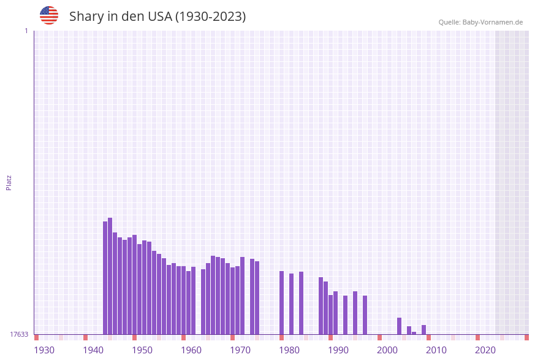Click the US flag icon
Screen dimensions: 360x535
pyautogui.click(x=49, y=15)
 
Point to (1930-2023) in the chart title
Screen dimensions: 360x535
pyautogui.click(x=210, y=17)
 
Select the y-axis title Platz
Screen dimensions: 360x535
pyautogui.click(x=9, y=183)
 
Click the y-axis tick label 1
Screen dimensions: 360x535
pyautogui.click(x=26, y=31)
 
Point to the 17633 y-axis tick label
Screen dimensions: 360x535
pyautogui.click(x=19, y=334)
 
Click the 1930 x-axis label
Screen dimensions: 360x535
pyautogui.click(x=44, y=350)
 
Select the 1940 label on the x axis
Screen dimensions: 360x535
pyautogui.click(x=93, y=350)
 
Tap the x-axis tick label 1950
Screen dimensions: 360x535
pyautogui.click(x=142, y=350)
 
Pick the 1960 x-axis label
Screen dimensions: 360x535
pyautogui.click(x=191, y=350)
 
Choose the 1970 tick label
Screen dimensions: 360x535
pyautogui.click(x=240, y=350)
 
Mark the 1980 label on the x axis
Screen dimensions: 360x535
pyautogui.click(x=289, y=350)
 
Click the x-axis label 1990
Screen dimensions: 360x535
pyautogui.click(x=338, y=350)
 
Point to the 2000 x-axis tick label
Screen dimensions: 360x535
pyautogui.click(x=387, y=350)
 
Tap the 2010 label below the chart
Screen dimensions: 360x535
pyautogui.click(x=436, y=350)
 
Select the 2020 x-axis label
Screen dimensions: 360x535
pyautogui.click(x=485, y=350)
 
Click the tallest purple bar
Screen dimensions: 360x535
pyautogui.click(x=110, y=276)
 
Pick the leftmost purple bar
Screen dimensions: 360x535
pyautogui.click(x=105, y=278)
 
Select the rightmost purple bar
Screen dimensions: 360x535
pyautogui.click(x=424, y=330)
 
